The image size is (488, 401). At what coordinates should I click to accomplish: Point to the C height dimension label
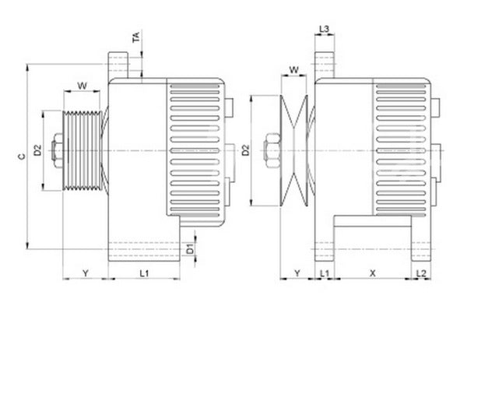(22, 156)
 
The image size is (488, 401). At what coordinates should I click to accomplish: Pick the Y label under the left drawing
(85, 273)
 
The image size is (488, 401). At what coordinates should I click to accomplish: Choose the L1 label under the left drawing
(144, 273)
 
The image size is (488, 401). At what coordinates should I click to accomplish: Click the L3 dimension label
(325, 30)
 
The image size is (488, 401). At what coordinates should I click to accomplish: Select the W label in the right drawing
(293, 70)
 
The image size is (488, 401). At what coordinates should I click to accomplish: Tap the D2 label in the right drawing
(247, 149)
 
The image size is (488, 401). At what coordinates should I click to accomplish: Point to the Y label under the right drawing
(297, 273)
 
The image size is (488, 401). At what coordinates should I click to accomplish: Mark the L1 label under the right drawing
(325, 273)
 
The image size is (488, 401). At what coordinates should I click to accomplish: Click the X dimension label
(372, 273)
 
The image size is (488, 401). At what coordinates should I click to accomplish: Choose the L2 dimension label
(420, 273)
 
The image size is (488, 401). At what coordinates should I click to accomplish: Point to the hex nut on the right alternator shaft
(272, 149)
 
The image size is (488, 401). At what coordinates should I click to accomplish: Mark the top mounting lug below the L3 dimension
(325, 65)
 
